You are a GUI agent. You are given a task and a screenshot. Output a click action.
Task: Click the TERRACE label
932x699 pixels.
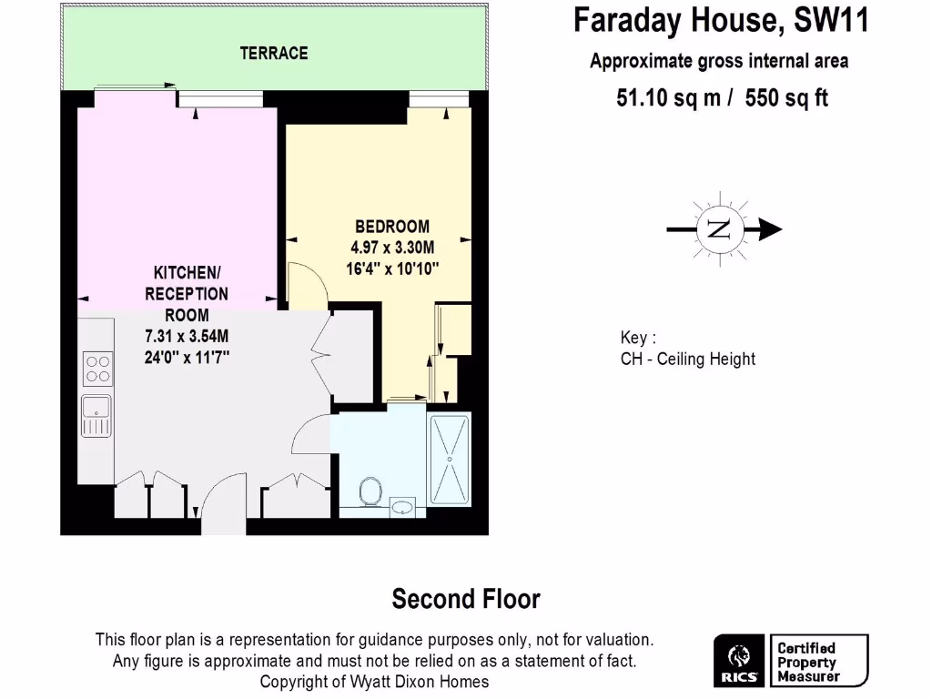[x=274, y=54]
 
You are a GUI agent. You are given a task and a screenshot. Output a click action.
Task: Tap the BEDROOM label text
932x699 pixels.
[x=392, y=227]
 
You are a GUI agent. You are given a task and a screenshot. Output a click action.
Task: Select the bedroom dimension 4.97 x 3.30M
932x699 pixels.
[x=392, y=248]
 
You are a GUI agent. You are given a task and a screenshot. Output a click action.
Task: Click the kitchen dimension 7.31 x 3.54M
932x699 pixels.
[x=187, y=337]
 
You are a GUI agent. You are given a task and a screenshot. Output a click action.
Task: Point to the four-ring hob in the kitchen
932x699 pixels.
[x=97, y=368]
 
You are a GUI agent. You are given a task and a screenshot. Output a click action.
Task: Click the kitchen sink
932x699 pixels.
[x=96, y=417]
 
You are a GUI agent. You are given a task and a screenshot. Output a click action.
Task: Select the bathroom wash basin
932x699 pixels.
[x=402, y=506]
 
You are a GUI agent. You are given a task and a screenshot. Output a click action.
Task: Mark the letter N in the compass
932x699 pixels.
[x=719, y=229]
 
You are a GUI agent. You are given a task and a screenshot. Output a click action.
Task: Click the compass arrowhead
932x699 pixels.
[x=770, y=229]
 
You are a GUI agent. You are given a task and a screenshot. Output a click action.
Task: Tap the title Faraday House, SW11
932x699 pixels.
[x=720, y=20]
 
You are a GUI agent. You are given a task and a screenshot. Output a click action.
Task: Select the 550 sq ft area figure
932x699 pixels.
[x=786, y=98]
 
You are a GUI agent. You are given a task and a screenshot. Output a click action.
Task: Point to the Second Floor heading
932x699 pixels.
[x=466, y=599]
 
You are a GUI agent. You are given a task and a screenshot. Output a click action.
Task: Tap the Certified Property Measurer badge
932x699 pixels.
[x=818, y=662]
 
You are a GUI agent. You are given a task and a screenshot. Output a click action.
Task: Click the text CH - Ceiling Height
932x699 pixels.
[x=687, y=359]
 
